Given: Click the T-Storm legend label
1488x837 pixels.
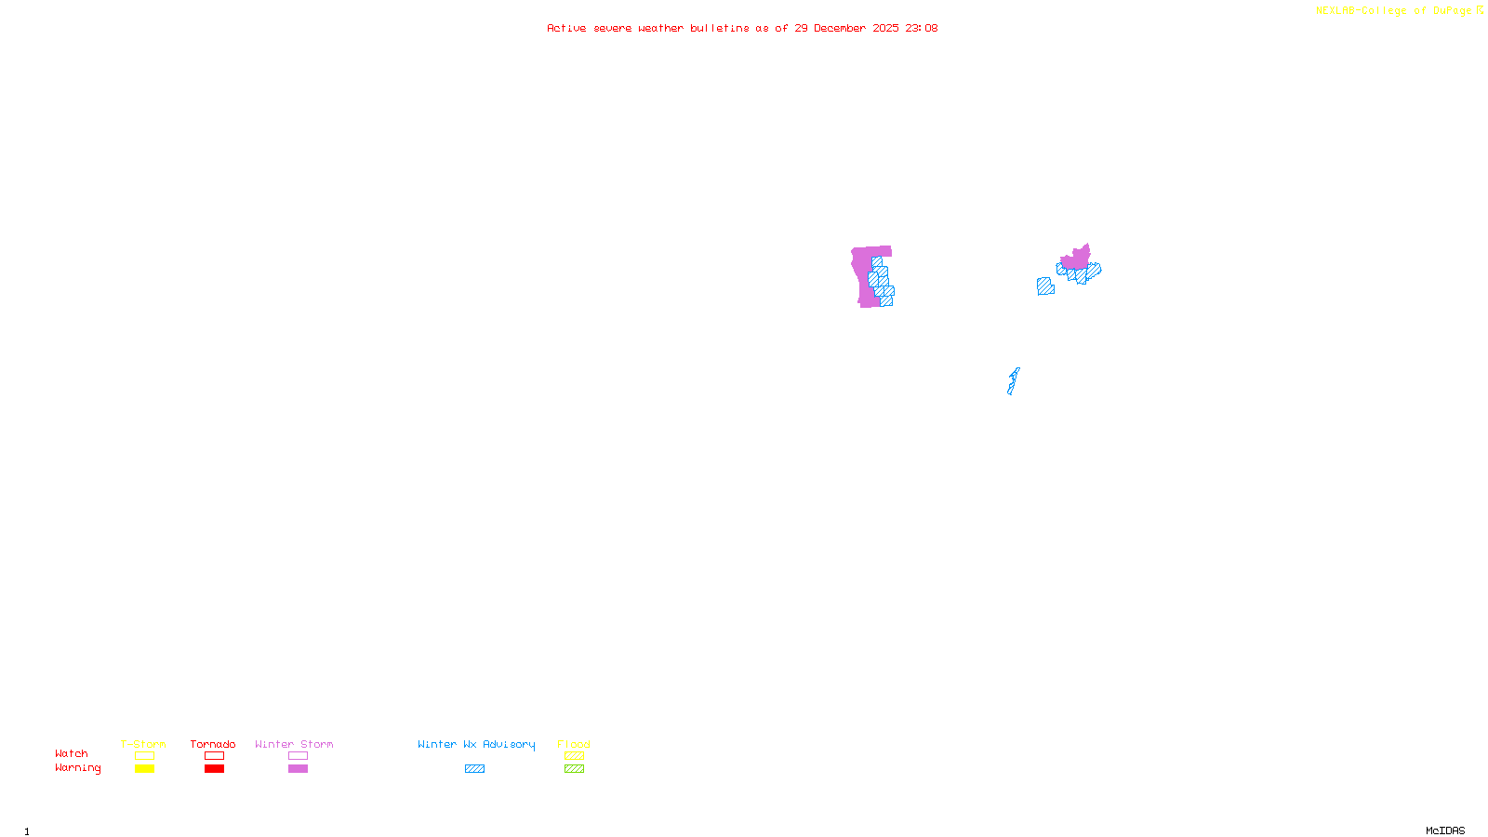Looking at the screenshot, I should click(x=143, y=744).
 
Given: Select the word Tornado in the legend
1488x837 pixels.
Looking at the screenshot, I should click(x=213, y=744).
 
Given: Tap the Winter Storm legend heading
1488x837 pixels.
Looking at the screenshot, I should click(x=294, y=744).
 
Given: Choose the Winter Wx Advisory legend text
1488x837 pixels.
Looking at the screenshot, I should click(x=476, y=744).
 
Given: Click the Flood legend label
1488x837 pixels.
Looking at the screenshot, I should click(x=574, y=744).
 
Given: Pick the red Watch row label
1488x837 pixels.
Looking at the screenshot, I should click(x=72, y=753).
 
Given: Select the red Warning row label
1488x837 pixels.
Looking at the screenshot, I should click(x=78, y=768).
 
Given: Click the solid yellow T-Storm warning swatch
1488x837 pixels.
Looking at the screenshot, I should click(x=144, y=769).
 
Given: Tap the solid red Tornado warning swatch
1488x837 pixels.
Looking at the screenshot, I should click(x=215, y=769).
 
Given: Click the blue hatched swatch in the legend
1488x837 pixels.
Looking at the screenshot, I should click(x=474, y=769).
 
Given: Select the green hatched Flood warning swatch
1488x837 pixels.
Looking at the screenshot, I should click(x=575, y=769).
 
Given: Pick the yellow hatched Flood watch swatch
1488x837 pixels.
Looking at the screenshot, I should click(x=575, y=756).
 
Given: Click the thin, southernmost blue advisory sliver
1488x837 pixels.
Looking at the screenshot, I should click(x=1013, y=381).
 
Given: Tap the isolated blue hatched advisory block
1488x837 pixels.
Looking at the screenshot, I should click(x=1045, y=286).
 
